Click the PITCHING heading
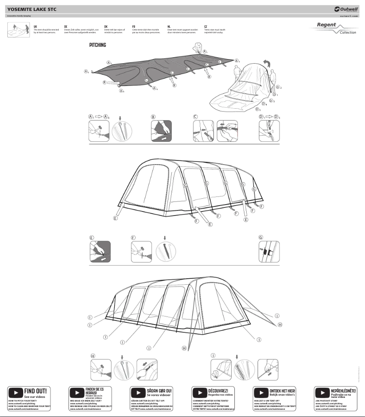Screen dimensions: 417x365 97,45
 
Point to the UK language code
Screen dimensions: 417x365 35,27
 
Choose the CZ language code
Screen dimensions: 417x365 206,27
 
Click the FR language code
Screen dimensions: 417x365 133,27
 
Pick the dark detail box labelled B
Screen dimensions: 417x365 161,131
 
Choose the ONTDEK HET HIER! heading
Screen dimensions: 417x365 282,391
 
